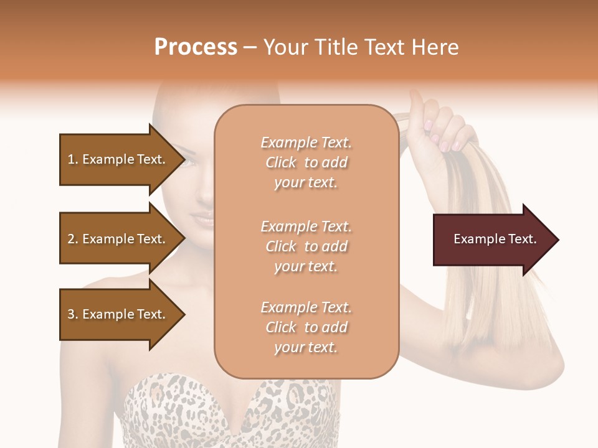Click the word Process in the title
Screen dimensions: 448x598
coord(196,47)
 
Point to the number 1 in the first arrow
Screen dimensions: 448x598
coord(71,159)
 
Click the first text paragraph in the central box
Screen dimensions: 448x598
coord(306,162)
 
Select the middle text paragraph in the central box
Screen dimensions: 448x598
coord(306,246)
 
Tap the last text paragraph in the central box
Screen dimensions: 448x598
coord(306,327)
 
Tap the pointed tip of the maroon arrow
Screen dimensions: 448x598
coord(557,240)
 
